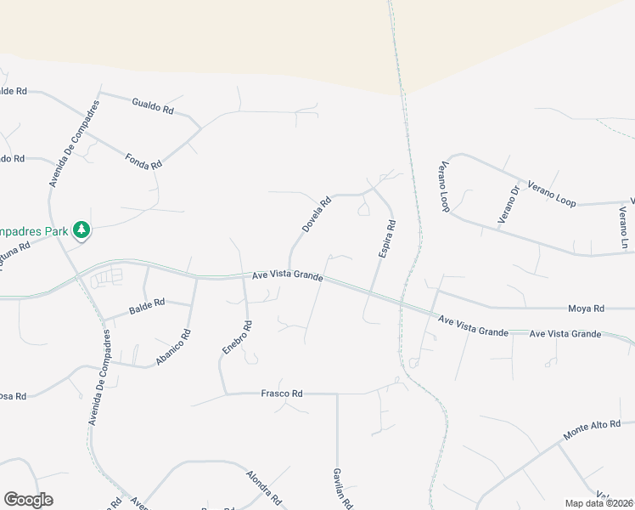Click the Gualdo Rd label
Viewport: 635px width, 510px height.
(x=153, y=106)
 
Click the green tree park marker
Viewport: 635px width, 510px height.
(x=81, y=229)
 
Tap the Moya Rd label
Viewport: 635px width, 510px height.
(x=586, y=309)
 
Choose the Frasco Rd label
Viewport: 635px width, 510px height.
(x=281, y=394)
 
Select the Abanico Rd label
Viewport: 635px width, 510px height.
(x=173, y=348)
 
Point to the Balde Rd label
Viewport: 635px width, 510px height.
(x=148, y=302)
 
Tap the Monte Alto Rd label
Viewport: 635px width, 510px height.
(x=592, y=430)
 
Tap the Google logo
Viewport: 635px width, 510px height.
(x=28, y=500)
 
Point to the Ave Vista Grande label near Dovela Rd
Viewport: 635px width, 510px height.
(x=288, y=276)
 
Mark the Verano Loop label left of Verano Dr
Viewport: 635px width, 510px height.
(x=444, y=187)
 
